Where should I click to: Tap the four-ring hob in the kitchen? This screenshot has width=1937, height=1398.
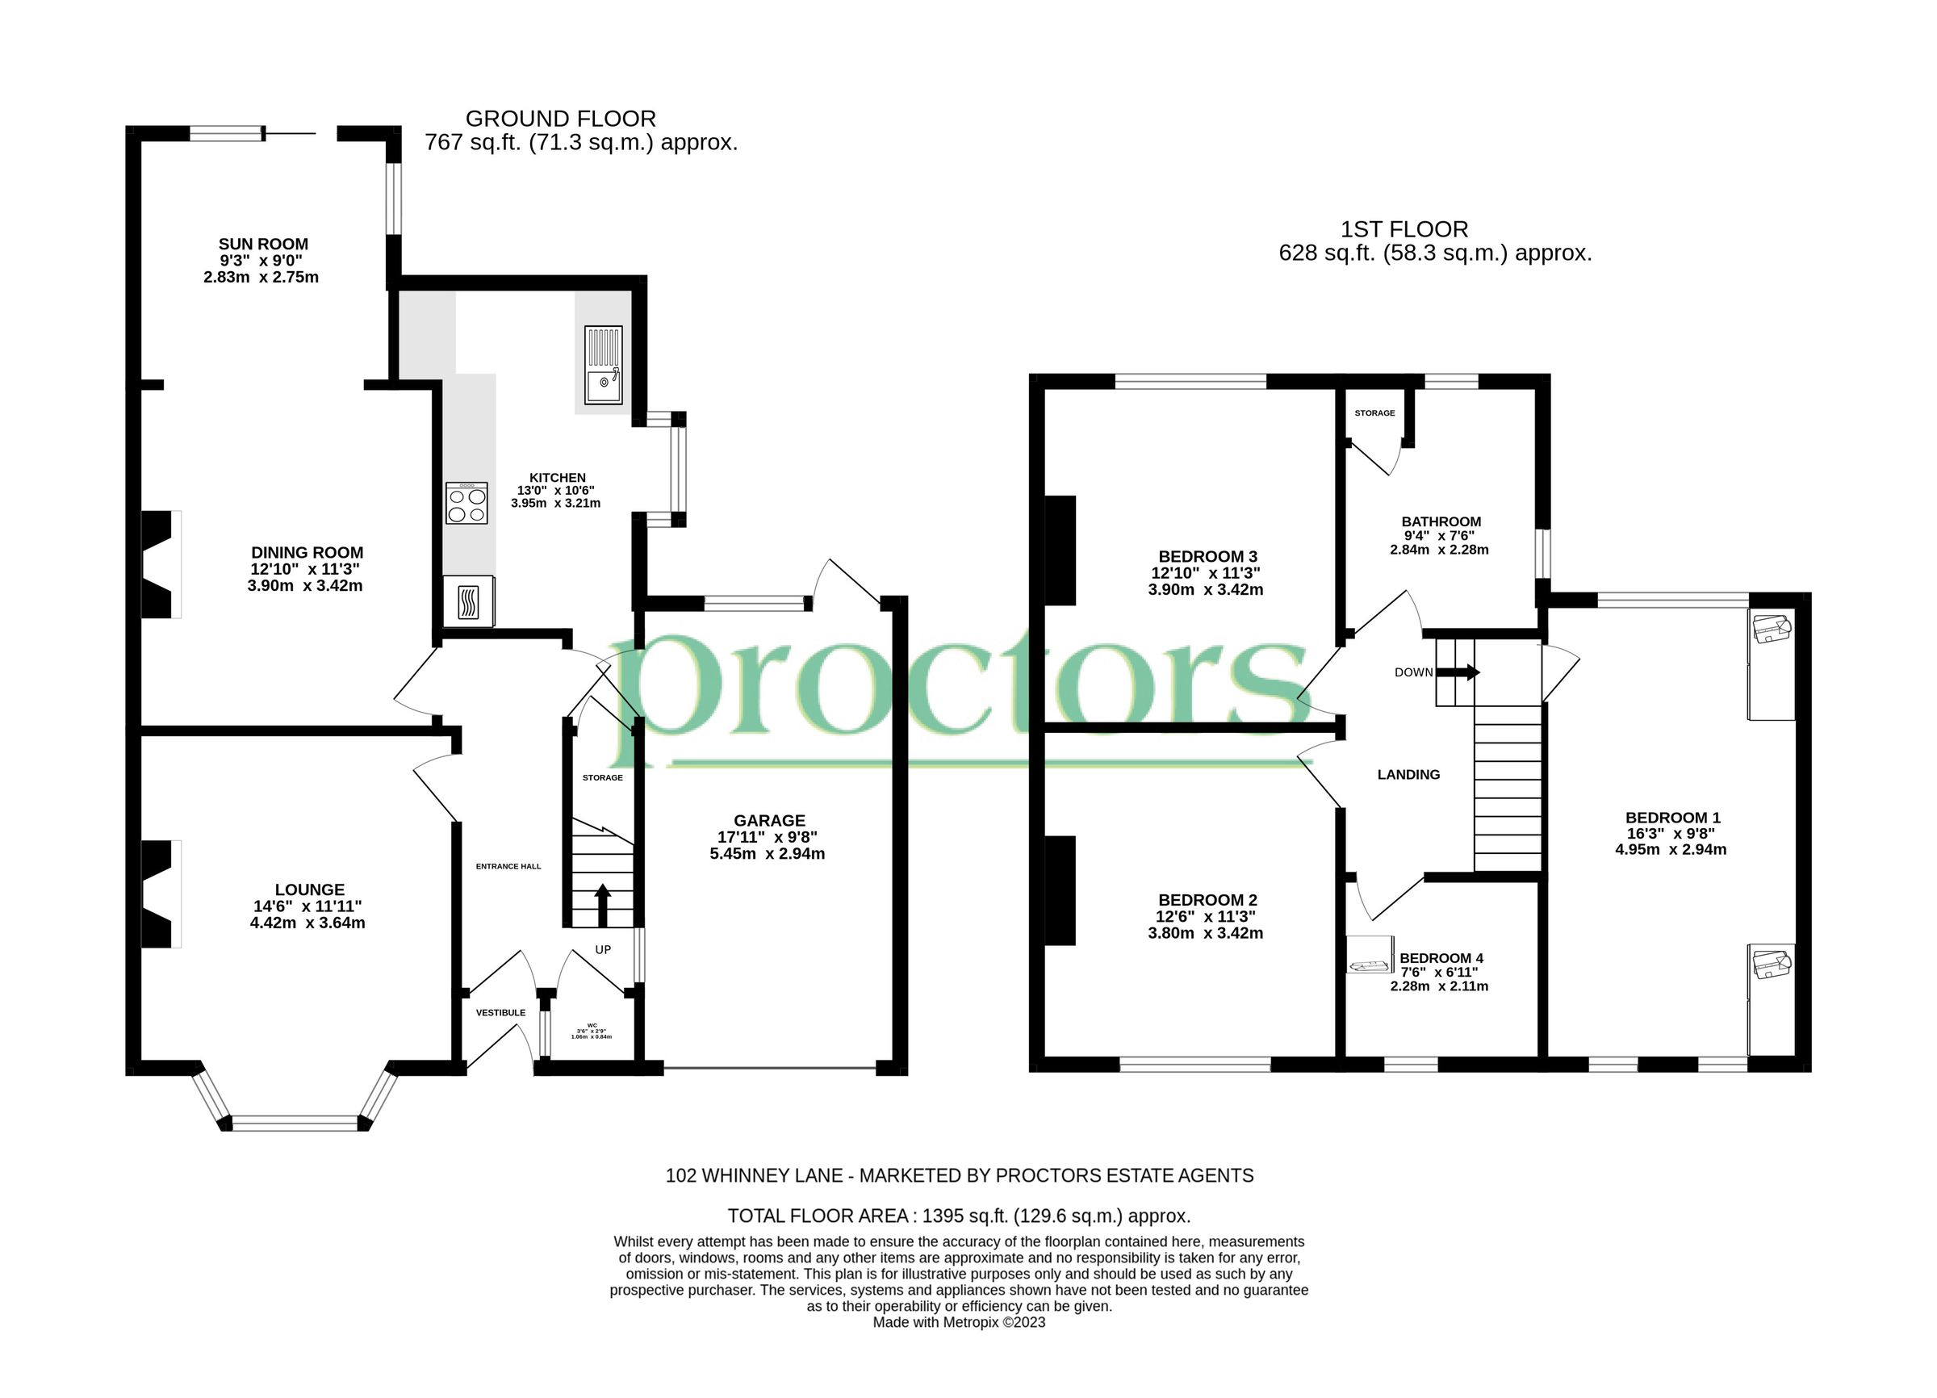coord(466,503)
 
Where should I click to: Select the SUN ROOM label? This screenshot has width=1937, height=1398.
coord(263,245)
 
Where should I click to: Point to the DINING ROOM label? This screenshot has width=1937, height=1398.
coord(307,553)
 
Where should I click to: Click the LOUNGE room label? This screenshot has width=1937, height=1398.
coord(309,889)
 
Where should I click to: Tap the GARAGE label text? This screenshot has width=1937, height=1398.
coord(768,821)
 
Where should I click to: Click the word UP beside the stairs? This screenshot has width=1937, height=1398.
coord(603,950)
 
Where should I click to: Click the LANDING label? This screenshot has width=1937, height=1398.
coord(1408,775)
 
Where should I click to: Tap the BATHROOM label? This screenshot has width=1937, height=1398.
coord(1441,521)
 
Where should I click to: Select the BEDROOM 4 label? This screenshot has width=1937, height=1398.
coord(1441,958)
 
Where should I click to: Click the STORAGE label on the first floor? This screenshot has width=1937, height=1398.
coord(1374,413)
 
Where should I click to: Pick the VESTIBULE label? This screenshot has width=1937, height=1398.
coord(500,1013)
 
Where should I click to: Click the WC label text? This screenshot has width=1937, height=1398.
coord(592,1025)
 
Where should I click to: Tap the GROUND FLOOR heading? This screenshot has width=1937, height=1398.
coord(560,119)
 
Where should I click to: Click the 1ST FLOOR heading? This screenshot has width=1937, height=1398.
coord(1404,230)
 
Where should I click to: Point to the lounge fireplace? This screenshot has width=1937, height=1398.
coord(157,894)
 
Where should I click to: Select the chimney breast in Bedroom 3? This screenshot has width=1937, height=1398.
coord(1060,550)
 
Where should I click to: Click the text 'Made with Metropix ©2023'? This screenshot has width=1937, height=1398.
coord(958,1323)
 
